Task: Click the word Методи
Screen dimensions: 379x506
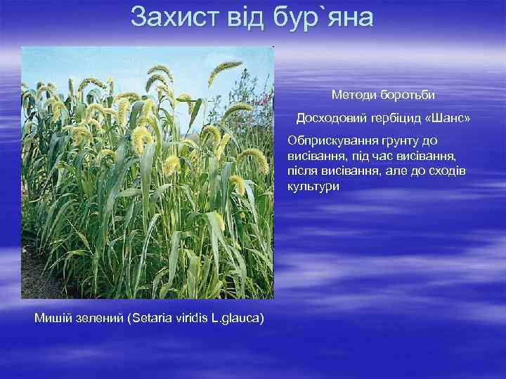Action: pos(353,94)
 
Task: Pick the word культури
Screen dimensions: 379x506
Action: pos(313,187)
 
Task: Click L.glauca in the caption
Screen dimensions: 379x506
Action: pos(238,319)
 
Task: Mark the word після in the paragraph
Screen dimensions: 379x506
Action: pos(302,172)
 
